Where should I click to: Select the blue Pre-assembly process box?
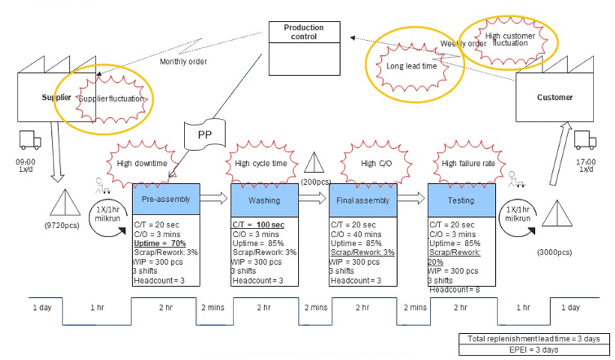[x=165, y=199]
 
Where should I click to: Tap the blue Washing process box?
[x=263, y=199]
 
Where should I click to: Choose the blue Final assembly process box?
[x=362, y=199]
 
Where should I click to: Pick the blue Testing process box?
[x=461, y=199]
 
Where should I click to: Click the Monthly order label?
[x=183, y=62]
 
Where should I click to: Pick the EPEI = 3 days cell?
[x=534, y=349]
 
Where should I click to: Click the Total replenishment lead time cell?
[x=534, y=338]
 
